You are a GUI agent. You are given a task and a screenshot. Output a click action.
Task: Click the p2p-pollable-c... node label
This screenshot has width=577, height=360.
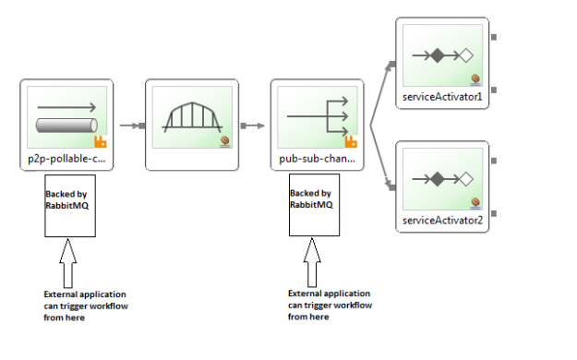click(66, 159)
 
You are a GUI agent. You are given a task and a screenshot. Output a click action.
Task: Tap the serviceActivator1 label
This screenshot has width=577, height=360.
click(442, 97)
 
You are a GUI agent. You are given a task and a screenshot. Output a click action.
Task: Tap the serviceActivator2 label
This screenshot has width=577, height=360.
click(442, 222)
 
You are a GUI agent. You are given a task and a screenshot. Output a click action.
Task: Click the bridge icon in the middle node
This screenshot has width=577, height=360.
click(192, 117)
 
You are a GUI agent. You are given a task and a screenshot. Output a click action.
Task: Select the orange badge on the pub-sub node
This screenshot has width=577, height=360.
click(351, 142)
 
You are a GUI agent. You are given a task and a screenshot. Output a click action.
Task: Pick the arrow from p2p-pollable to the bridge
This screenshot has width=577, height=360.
click(130, 126)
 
